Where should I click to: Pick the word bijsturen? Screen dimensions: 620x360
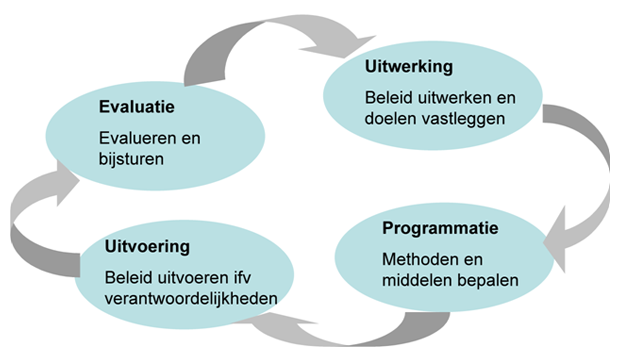coord(131,158)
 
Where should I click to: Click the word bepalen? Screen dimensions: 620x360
coord(489,280)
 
